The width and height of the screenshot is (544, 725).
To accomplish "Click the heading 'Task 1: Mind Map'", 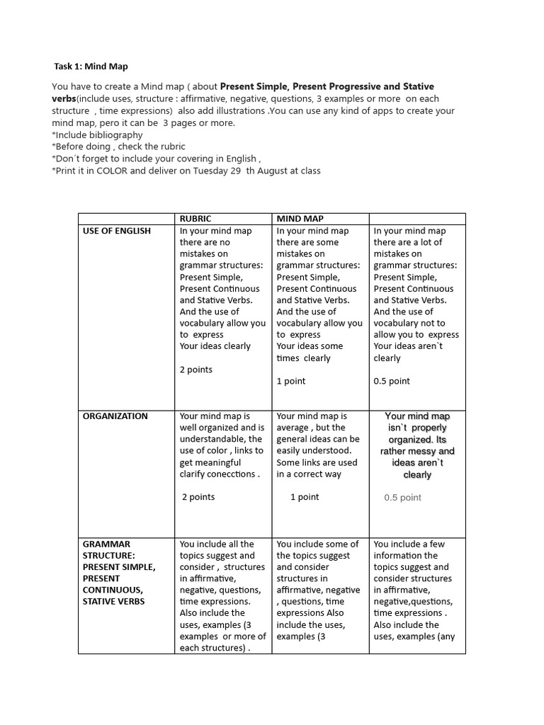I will [91, 66].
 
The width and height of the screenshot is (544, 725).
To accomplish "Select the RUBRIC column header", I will [195, 219].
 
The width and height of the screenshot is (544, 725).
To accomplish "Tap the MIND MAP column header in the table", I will [300, 219].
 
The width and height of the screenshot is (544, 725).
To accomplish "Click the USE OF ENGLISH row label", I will [116, 231].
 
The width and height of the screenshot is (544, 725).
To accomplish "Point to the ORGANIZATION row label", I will [115, 416].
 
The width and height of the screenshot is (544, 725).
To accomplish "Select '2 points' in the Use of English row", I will [196, 370].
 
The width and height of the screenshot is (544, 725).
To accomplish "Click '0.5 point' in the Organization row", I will [402, 498].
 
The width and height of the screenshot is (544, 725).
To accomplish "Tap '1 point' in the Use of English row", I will [290, 381].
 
